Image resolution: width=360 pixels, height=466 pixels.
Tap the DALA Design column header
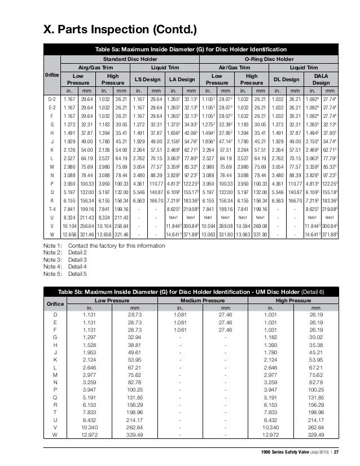coord(322,80)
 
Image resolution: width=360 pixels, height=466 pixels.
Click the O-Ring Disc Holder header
coord(269,59)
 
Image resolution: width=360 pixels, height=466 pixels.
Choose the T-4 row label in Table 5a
coord(52,208)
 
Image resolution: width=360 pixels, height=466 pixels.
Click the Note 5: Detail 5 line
coord(65,274)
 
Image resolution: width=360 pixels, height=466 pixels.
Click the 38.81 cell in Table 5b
coord(134,344)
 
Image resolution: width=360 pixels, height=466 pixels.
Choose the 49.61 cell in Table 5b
coord(134,352)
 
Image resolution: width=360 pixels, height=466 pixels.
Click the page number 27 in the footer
coord(336,452)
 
